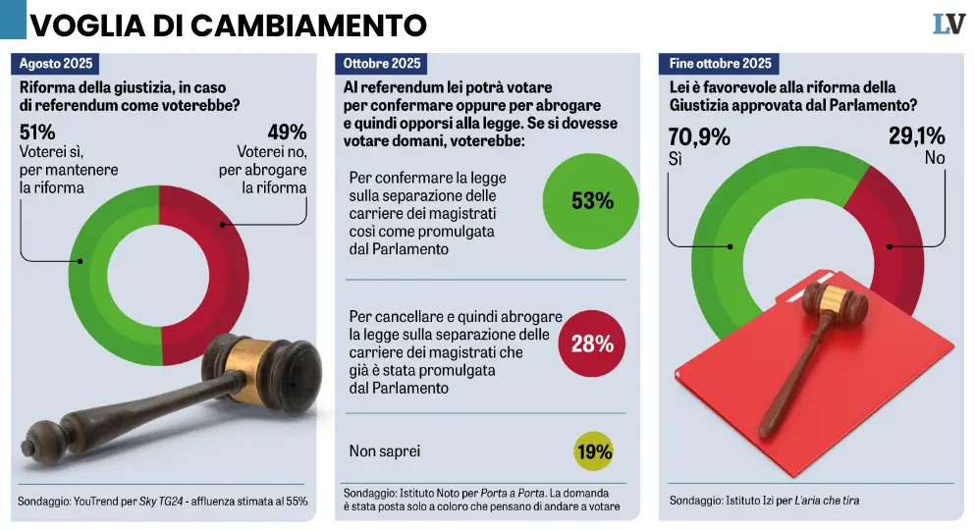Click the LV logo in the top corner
[x=948, y=25]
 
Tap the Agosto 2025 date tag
[x=57, y=64]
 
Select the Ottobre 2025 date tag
[x=382, y=64]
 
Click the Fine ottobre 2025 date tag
[x=720, y=64]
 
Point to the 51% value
[x=37, y=132]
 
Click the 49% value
[x=287, y=132]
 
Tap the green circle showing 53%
[x=592, y=201]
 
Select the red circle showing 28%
[x=592, y=344]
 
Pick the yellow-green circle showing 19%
[x=592, y=451]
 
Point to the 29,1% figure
[x=917, y=136]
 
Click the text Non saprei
[x=385, y=451]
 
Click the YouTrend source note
[x=163, y=502]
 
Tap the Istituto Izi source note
[x=764, y=501]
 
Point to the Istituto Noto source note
[x=476, y=499]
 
